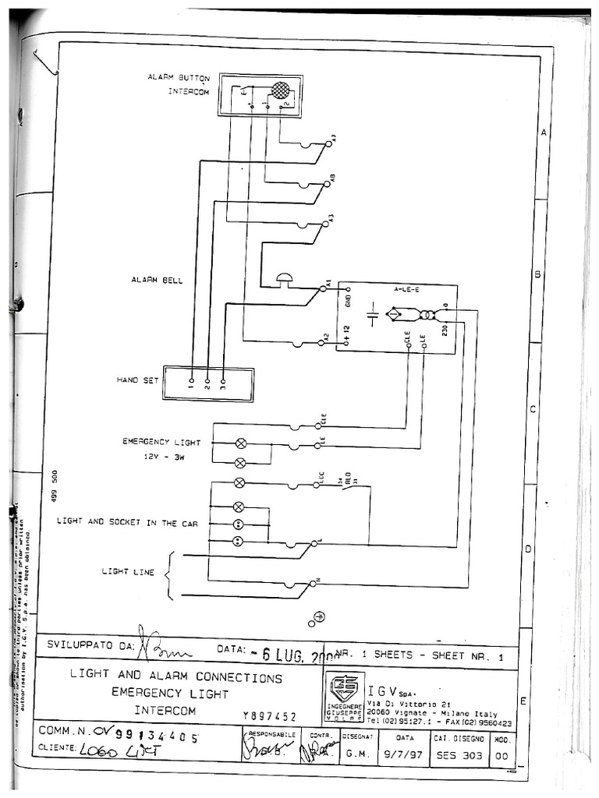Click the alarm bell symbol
coord(285,277)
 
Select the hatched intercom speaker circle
coord(279,90)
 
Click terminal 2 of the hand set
coord(207,382)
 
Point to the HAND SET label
coord(137,380)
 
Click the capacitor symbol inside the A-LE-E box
coord(372,315)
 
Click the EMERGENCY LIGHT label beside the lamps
coord(156,441)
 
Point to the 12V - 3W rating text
coord(162,457)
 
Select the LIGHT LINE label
coord(128,571)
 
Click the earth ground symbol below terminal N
coord(318,617)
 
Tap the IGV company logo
coord(345,688)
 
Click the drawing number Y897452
coord(269,716)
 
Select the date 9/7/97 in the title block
coord(406,754)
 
